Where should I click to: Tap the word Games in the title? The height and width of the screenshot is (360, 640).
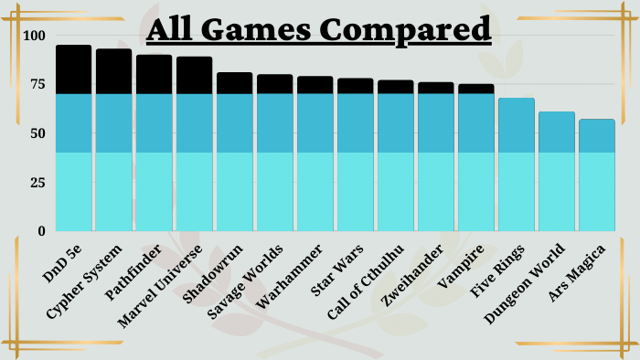tap(256, 29)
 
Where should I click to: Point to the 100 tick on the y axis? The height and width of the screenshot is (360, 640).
tap(35, 36)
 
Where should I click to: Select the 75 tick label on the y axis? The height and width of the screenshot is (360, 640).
tap(37, 84)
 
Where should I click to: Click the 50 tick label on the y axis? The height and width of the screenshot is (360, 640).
tap(37, 133)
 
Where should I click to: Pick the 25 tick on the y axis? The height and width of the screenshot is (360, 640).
tap(37, 183)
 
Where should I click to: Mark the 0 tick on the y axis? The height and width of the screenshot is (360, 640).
tap(42, 231)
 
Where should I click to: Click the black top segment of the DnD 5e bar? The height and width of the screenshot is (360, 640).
tap(73, 69)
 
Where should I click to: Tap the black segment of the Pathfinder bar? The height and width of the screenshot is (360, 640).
tap(154, 74)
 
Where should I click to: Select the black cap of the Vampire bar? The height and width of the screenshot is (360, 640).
tap(476, 89)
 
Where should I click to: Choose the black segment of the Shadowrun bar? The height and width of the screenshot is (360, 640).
tap(234, 83)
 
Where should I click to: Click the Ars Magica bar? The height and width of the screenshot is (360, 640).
tap(597, 175)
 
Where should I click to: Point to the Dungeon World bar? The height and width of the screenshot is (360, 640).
tap(556, 171)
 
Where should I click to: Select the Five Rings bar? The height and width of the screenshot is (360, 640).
tap(517, 164)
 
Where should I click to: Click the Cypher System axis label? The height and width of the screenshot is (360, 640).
tap(84, 281)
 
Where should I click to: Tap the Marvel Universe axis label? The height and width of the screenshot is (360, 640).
tap(160, 286)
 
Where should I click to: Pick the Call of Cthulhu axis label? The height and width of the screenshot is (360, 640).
tap(366, 281)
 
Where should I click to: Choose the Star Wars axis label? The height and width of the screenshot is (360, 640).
tap(336, 270)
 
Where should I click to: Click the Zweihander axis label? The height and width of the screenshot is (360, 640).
tap(411, 275)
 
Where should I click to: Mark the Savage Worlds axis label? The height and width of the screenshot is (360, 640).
tap(245, 281)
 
